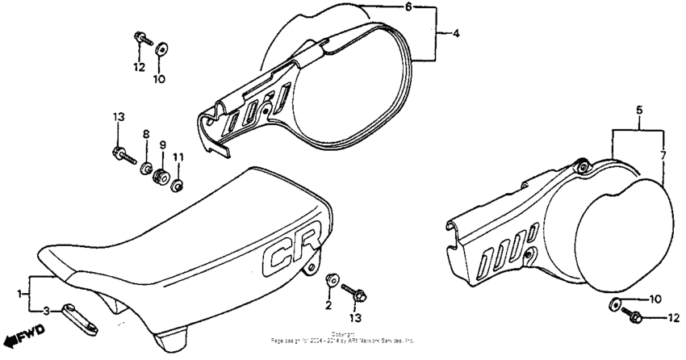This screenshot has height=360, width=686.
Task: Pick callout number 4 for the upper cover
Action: click(x=456, y=34)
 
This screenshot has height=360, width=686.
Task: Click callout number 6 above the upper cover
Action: click(x=408, y=6)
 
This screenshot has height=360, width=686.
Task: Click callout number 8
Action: click(x=146, y=134)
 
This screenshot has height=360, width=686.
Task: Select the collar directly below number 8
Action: click(x=147, y=168)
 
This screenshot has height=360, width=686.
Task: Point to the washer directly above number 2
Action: click(x=331, y=280)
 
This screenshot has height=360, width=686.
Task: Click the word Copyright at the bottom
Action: click(x=343, y=333)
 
